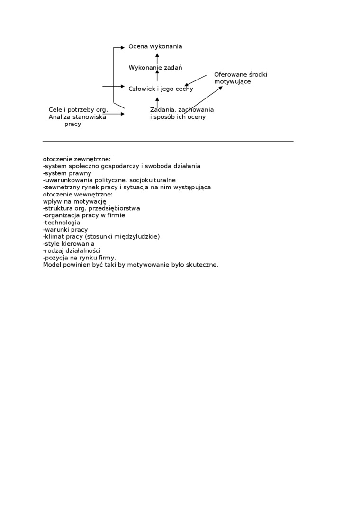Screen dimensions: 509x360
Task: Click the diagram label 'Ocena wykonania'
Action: (x=155, y=46)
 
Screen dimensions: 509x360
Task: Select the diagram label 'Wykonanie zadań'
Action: (x=155, y=68)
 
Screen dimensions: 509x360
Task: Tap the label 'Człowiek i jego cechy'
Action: (x=161, y=89)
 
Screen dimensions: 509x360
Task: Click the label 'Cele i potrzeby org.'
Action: (x=78, y=110)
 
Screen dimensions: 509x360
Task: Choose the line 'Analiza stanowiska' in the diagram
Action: (x=77, y=117)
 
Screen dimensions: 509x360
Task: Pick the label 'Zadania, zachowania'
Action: (x=182, y=110)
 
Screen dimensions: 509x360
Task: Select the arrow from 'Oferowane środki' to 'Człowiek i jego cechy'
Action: (x=195, y=80)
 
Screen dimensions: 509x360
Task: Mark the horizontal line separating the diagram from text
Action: (x=168, y=141)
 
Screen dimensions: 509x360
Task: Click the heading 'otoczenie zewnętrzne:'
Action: (x=77, y=159)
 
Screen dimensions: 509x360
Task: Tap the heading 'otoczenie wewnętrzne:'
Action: (x=78, y=194)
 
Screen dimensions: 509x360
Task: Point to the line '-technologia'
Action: (x=62, y=223)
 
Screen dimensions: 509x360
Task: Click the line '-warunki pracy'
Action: (x=65, y=230)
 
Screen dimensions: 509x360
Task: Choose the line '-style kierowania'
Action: (x=69, y=244)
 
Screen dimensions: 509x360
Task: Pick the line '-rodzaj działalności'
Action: (x=72, y=250)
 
